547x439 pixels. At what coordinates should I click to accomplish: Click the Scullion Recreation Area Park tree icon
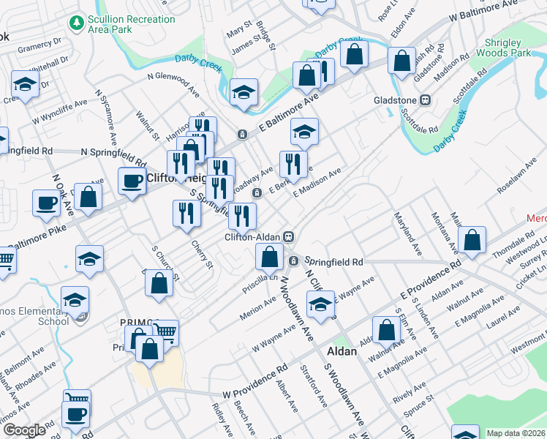click(75, 24)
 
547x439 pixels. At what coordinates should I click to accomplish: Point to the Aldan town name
click(342, 351)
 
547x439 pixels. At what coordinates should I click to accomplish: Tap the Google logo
click(24, 430)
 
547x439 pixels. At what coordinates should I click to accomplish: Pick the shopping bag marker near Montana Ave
click(473, 239)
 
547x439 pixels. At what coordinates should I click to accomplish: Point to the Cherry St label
click(201, 254)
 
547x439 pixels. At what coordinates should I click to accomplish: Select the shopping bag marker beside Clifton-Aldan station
click(269, 257)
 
